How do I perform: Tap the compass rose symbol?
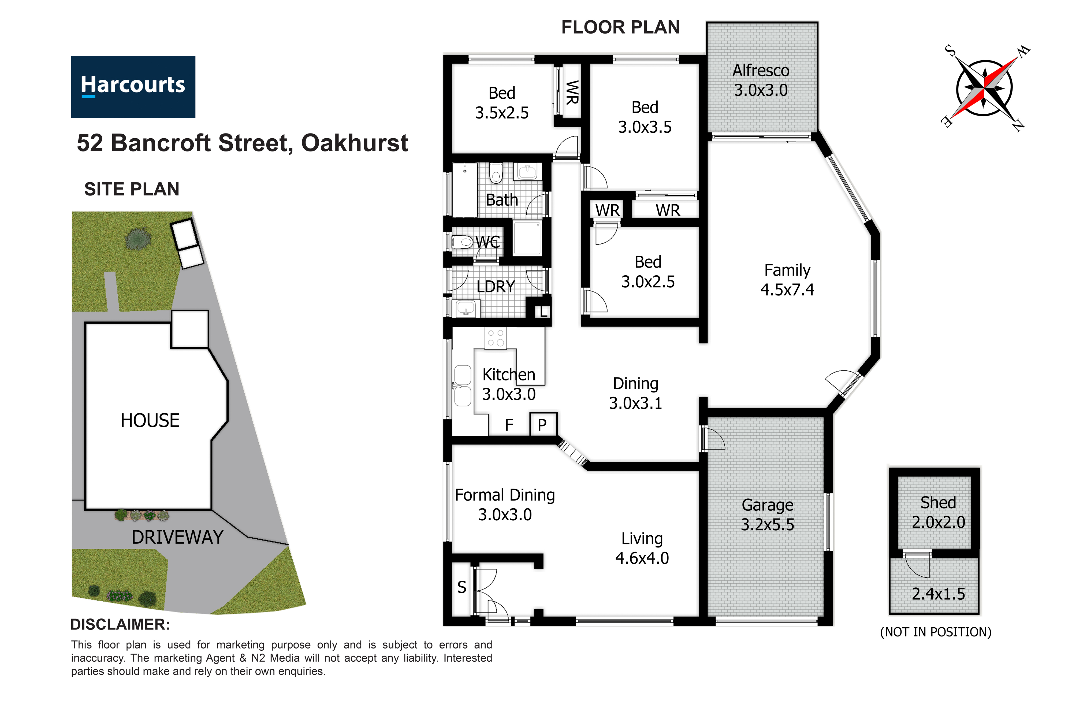[x=984, y=88]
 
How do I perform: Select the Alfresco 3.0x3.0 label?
[x=761, y=80]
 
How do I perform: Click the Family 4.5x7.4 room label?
[x=787, y=280]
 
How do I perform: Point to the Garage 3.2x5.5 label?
[x=768, y=515]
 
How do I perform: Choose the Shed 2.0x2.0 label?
[x=939, y=512]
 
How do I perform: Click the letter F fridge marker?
[x=509, y=425]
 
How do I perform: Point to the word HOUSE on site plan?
[x=150, y=420]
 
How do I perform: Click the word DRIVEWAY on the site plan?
[x=177, y=537]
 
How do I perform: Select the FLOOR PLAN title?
[x=620, y=27]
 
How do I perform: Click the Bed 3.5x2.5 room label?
[x=502, y=103]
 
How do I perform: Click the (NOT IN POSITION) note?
[x=936, y=632]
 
